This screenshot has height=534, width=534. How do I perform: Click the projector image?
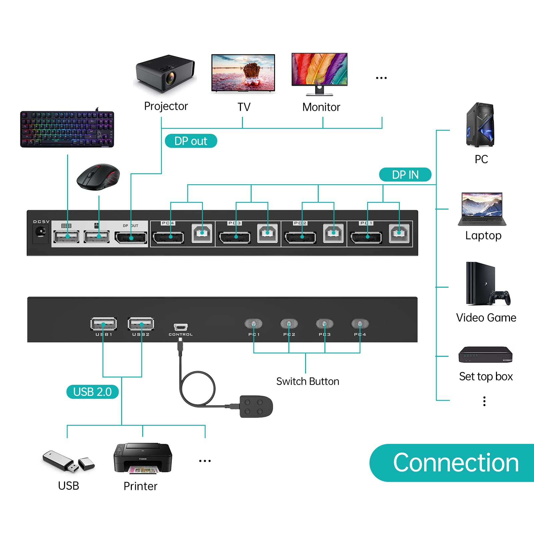click(x=165, y=73)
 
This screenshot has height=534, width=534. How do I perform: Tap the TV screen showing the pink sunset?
click(x=243, y=72)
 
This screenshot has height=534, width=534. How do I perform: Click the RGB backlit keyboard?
click(x=67, y=129)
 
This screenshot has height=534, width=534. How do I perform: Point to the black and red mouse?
click(x=98, y=176)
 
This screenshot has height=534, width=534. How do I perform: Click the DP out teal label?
click(x=191, y=141)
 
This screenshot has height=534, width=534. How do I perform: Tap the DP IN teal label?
click(x=405, y=175)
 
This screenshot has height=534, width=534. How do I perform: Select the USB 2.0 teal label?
click(x=92, y=391)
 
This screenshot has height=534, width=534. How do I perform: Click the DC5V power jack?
click(x=41, y=232)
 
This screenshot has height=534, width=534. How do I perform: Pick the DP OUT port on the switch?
click(x=131, y=238)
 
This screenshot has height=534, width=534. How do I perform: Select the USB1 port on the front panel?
click(x=103, y=324)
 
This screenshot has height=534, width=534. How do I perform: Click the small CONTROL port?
click(x=181, y=327)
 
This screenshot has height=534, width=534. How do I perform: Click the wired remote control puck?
click(x=256, y=407)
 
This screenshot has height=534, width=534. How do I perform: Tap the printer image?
click(x=143, y=458)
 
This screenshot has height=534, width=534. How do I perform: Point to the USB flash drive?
click(x=68, y=461)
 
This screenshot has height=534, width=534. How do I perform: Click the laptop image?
click(x=482, y=209)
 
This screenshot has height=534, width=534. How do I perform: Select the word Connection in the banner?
click(x=456, y=463)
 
